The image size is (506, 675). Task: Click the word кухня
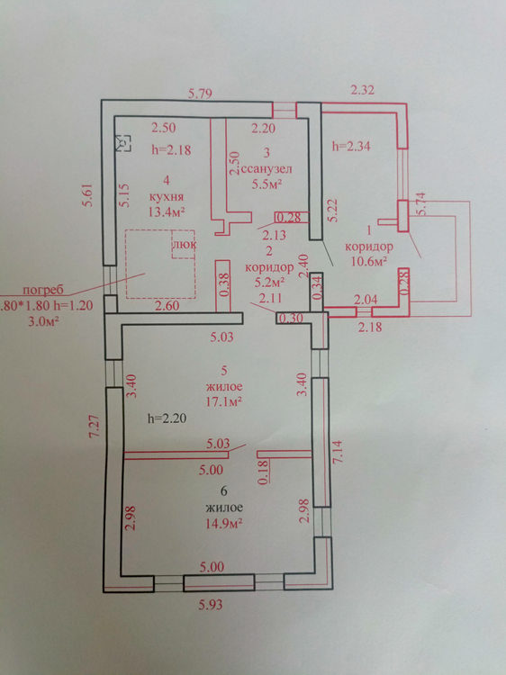pyautogui.click(x=167, y=197)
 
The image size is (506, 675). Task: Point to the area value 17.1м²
pyautogui.click(x=224, y=401)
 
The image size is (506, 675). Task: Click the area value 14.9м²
pyautogui.click(x=224, y=524)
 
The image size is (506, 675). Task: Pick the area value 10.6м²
pyautogui.click(x=368, y=261)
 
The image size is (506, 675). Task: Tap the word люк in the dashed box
pyautogui.click(x=184, y=245)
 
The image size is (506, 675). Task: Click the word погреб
pyautogui.click(x=43, y=290)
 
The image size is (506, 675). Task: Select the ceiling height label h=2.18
pyautogui.click(x=171, y=149)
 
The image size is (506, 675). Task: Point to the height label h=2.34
pyautogui.click(x=351, y=146)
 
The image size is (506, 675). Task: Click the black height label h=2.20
pyautogui.click(x=167, y=418)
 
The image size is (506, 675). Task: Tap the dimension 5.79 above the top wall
pyautogui.click(x=200, y=94)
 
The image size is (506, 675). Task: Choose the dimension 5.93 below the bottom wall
pyautogui.click(x=211, y=605)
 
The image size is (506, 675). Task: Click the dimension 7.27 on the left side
pyautogui.click(x=95, y=427)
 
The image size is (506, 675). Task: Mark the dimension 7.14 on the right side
pyautogui.click(x=339, y=451)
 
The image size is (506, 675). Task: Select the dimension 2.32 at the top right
pyautogui.click(x=362, y=90)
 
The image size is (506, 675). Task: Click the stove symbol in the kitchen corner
pyautogui.click(x=123, y=143)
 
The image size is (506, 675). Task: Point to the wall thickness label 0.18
pyautogui.click(x=264, y=472)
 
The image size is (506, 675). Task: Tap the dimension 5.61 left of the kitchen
pyautogui.click(x=88, y=194)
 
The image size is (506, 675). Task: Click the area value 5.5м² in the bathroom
pyautogui.click(x=267, y=184)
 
